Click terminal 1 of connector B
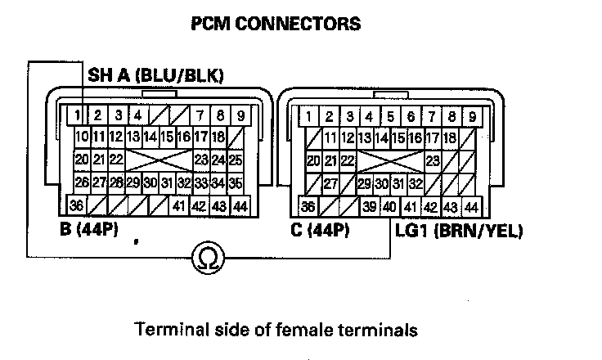(x=75, y=115)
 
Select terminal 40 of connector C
(x=389, y=206)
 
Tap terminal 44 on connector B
(x=240, y=206)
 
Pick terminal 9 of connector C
(x=472, y=115)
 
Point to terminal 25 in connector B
(x=235, y=159)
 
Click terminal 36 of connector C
(x=308, y=206)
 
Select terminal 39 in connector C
(x=370, y=206)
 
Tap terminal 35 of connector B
(x=235, y=182)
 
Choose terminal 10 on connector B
(x=82, y=137)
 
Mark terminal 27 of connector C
(x=330, y=182)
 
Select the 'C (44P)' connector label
(x=321, y=230)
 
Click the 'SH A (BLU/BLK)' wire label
(x=155, y=77)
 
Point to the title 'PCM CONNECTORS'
(x=275, y=24)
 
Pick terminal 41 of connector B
(x=179, y=206)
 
